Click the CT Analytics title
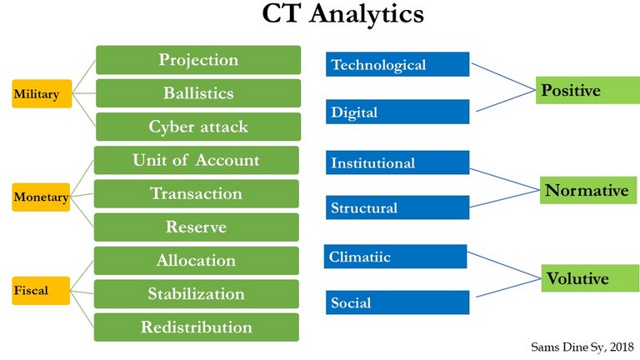(x=342, y=14)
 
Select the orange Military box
(x=42, y=94)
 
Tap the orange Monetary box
(x=41, y=197)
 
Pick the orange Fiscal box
(x=41, y=291)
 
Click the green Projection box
(x=198, y=60)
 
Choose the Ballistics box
(x=198, y=93)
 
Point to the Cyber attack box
(x=198, y=127)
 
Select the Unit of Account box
(x=197, y=160)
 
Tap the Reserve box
(x=197, y=227)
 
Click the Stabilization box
(x=197, y=294)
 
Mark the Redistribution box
(x=197, y=327)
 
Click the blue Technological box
(x=397, y=64)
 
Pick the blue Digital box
(x=397, y=112)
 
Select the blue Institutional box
(x=397, y=162)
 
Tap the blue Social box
(x=397, y=302)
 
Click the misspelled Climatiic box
(x=396, y=257)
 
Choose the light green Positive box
(x=587, y=90)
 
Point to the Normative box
(x=588, y=190)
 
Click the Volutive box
(x=591, y=278)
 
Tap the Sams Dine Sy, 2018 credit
(x=582, y=347)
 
